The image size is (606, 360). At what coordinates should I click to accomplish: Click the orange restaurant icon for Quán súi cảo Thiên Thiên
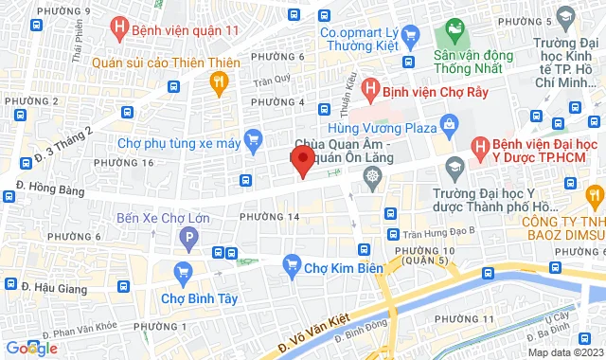click(220, 83)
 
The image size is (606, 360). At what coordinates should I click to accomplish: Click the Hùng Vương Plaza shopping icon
click(448, 125)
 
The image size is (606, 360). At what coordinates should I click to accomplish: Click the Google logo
click(30, 349)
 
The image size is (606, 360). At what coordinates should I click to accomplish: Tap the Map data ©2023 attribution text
click(564, 352)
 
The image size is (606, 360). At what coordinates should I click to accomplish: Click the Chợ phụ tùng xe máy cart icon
click(252, 143)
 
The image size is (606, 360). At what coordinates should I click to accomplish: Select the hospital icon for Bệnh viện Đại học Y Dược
click(480, 147)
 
